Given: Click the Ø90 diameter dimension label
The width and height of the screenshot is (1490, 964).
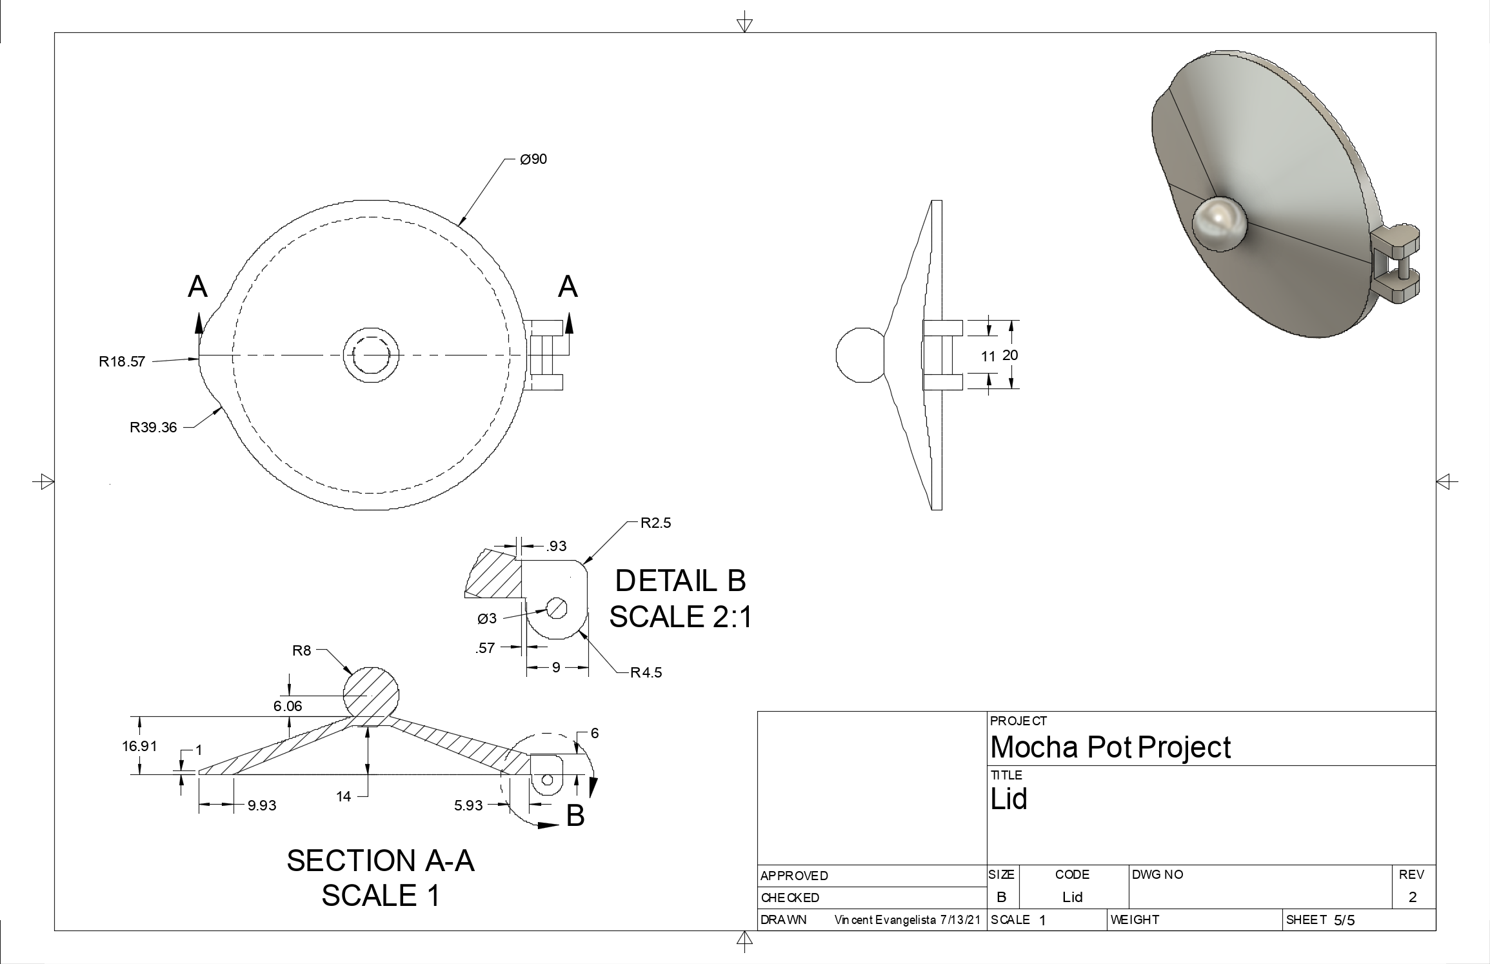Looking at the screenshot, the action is click(x=533, y=159).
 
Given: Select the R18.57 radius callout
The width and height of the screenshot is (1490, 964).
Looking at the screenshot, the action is click(x=122, y=362).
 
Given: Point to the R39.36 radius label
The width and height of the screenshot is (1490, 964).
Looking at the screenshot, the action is click(x=153, y=428).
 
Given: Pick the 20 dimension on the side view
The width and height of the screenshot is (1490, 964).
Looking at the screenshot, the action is click(x=1011, y=354).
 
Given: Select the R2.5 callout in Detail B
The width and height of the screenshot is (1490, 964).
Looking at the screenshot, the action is click(x=655, y=523).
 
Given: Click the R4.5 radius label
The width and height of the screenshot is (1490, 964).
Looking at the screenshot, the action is click(x=646, y=673).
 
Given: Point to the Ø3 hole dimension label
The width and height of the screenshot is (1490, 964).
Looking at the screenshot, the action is click(x=487, y=619).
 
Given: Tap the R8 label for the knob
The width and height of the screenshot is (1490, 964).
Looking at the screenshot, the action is click(x=302, y=650).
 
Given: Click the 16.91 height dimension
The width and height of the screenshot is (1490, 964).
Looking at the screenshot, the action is click(x=139, y=746).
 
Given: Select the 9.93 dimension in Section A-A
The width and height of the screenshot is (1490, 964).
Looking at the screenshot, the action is click(x=262, y=805).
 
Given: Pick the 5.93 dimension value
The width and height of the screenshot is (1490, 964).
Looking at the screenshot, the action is click(x=468, y=805).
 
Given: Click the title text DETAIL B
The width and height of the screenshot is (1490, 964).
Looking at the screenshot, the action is click(x=680, y=581).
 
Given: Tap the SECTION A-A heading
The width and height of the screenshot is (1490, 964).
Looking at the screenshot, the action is click(x=381, y=861).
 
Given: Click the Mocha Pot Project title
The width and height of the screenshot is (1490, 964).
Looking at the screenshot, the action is click(x=1110, y=747).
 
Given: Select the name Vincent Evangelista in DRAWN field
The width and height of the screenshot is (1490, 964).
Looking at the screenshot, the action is click(x=884, y=920).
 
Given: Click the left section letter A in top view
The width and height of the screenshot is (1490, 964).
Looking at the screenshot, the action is click(x=198, y=286).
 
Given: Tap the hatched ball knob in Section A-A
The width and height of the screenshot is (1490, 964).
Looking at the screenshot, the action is click(x=370, y=694).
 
